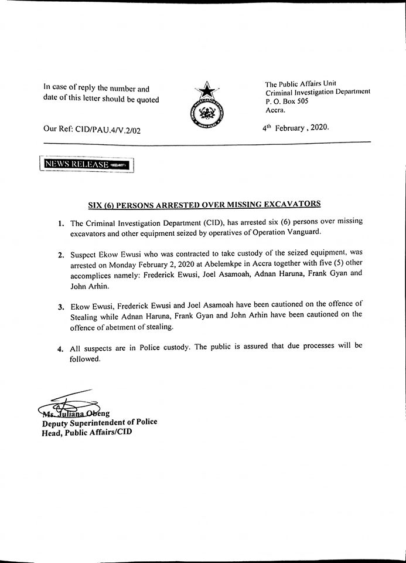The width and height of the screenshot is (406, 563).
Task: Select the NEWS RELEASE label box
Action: pos(86,165)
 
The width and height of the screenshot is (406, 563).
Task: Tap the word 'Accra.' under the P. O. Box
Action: pos(276,110)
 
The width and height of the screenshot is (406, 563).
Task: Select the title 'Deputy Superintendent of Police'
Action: pos(99,422)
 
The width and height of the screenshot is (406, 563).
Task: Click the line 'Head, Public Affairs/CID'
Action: pos(87,433)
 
